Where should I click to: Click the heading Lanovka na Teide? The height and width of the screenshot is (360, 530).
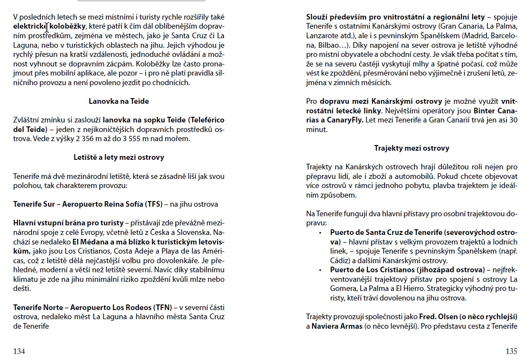tap(119, 101)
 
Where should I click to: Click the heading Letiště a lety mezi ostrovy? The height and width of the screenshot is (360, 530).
tap(119, 157)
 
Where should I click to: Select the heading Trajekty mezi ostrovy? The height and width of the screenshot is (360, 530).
tap(411, 148)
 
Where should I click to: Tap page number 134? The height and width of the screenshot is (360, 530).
tap(19, 351)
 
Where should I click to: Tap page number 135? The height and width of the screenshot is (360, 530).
tap(511, 351)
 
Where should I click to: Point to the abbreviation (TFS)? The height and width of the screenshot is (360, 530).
tap(153, 204)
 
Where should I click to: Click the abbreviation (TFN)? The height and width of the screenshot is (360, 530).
tap(163, 307)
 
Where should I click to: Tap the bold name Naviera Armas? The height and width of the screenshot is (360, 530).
tap(337, 326)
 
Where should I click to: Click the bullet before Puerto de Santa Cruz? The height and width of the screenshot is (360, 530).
tap(320, 233)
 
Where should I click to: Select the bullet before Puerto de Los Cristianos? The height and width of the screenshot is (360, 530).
tap(320, 270)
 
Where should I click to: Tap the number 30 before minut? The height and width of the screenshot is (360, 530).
tap(513, 120)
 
